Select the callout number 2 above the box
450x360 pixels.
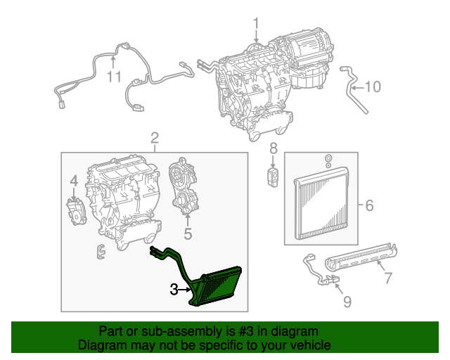tap(154, 138)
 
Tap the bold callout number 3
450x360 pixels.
tap(174, 288)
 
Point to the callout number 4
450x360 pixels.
tap(73, 184)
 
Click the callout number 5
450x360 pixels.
tap(187, 233)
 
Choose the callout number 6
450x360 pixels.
tap(368, 206)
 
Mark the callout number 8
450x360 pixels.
tap(274, 149)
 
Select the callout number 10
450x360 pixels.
tap(372, 87)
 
